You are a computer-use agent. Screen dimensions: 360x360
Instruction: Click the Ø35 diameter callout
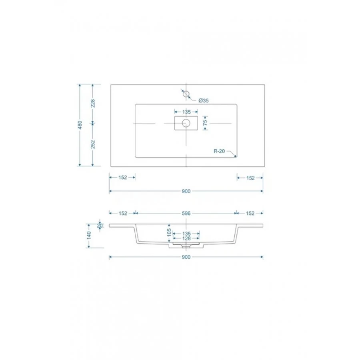(x=204, y=100)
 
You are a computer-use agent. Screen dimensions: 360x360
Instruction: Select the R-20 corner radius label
(x=219, y=151)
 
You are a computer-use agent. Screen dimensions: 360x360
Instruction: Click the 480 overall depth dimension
(x=80, y=125)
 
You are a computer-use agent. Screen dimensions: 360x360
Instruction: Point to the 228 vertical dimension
(x=93, y=103)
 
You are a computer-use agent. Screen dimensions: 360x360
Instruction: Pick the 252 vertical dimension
(x=93, y=144)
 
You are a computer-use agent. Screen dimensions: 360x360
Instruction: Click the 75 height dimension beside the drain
(x=205, y=122)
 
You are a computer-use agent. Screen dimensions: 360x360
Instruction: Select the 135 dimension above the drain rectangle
(x=186, y=112)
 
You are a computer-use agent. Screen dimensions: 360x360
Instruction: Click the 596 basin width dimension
(x=186, y=213)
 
